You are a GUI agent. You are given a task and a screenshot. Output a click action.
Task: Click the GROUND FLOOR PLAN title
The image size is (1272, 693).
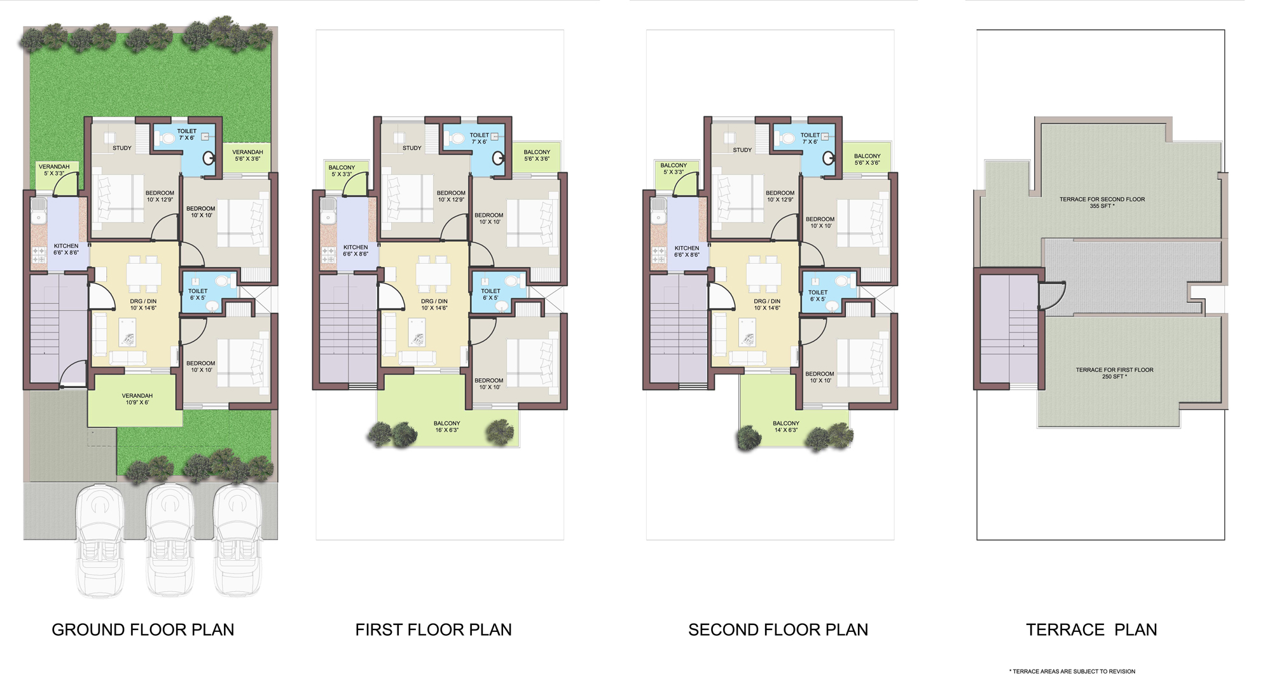[x=142, y=629]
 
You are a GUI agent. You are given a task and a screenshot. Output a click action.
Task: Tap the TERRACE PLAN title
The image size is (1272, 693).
[x=1091, y=629]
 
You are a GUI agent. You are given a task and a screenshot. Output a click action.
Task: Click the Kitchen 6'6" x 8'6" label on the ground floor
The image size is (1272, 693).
[x=66, y=249]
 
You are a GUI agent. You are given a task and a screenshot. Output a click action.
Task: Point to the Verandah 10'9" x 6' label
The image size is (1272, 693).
[x=137, y=399]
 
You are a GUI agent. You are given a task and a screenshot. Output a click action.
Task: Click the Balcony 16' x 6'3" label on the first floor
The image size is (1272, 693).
[x=446, y=427]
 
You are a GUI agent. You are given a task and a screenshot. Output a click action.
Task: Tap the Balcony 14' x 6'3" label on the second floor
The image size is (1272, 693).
[x=786, y=427]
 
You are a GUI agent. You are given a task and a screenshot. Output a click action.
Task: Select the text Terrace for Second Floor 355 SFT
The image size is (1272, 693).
[x=1102, y=202]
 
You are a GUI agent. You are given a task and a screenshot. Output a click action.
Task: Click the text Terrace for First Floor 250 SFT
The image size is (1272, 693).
[x=1114, y=373]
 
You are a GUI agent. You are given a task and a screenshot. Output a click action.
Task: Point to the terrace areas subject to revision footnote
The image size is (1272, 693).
[x=1072, y=671]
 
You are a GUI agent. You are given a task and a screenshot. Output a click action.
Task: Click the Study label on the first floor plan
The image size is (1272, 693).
[x=411, y=148]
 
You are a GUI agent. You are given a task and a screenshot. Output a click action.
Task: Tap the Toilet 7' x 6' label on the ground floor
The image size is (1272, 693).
[x=187, y=134]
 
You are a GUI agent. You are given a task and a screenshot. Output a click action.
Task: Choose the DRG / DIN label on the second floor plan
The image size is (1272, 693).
[x=767, y=305]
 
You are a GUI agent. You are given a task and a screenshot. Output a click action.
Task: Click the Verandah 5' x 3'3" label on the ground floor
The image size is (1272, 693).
[x=54, y=170]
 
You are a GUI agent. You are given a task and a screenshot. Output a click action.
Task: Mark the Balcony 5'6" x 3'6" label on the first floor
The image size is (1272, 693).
[x=537, y=155]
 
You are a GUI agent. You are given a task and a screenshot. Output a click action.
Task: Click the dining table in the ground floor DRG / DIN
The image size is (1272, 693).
[x=144, y=274]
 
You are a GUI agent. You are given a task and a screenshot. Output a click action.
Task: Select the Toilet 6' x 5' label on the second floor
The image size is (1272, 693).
[x=818, y=296]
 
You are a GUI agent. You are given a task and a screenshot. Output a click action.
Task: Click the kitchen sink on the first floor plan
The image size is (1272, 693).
[x=328, y=210]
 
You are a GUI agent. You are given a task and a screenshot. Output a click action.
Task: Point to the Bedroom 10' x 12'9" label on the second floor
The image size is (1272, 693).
[x=780, y=196]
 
